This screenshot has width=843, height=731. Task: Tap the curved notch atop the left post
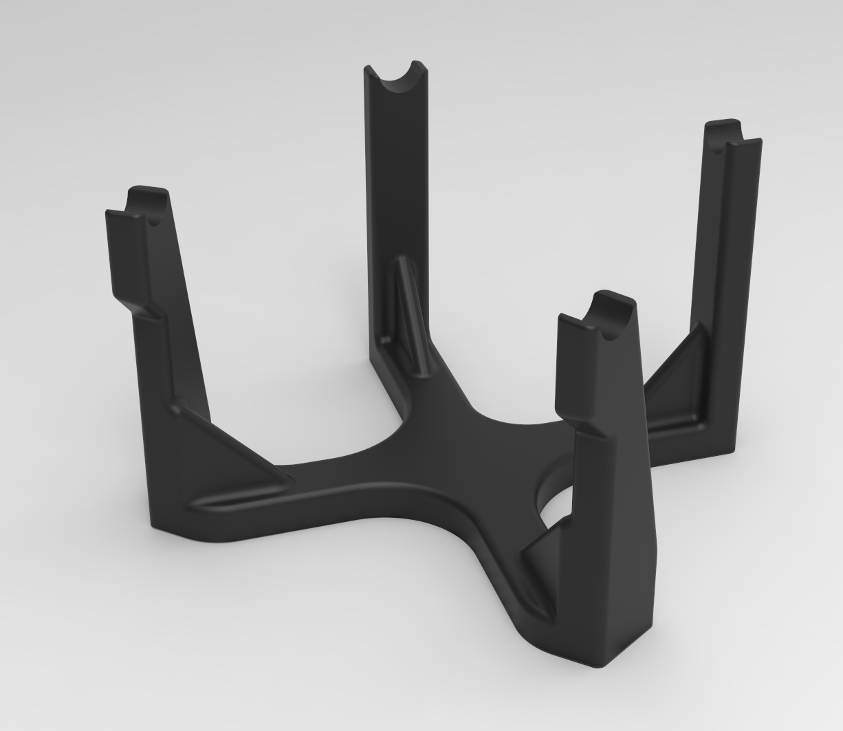pyautogui.click(x=150, y=205)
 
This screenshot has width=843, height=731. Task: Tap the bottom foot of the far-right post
pyautogui.click(x=715, y=447)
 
